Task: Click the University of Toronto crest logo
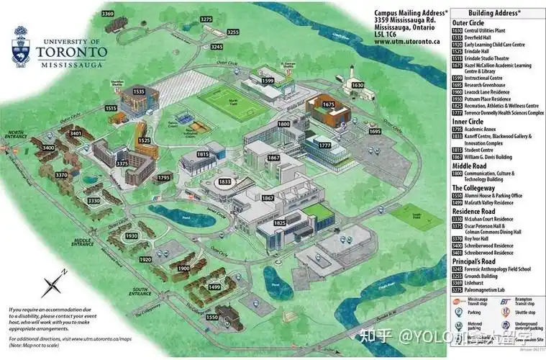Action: point(19,45)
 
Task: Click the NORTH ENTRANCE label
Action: point(15,134)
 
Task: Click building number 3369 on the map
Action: point(108,14)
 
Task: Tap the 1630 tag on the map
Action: point(358,85)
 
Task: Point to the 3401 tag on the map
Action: point(76,133)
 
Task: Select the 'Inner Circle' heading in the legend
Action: point(468,122)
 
